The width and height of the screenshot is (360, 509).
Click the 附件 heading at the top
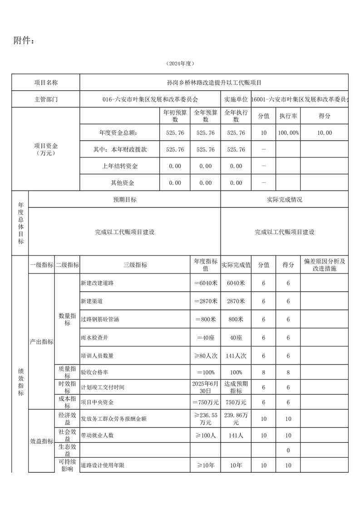pos(24,41)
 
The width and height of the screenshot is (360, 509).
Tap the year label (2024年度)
pos(180,64)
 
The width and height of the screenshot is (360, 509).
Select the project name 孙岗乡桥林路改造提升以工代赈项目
pos(214,83)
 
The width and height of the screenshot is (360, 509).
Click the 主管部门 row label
pos(46,99)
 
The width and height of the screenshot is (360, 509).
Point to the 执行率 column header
pos(288,116)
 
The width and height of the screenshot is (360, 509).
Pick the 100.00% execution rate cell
pos(288,133)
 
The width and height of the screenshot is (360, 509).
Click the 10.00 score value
pos(324,133)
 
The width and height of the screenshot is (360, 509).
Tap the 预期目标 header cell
pos(125,200)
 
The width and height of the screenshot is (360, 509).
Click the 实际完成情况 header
pos(285,200)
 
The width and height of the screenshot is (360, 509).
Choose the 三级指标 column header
pos(135,265)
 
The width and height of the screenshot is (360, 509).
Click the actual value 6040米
pos(236,283)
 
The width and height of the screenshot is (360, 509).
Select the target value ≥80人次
pos(205,356)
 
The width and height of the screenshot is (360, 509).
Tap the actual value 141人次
pos(236,356)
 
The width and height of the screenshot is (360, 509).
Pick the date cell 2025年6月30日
pos(205,387)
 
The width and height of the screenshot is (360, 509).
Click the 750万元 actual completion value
pos(236,402)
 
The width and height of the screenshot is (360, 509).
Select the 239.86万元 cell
pos(236,419)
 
